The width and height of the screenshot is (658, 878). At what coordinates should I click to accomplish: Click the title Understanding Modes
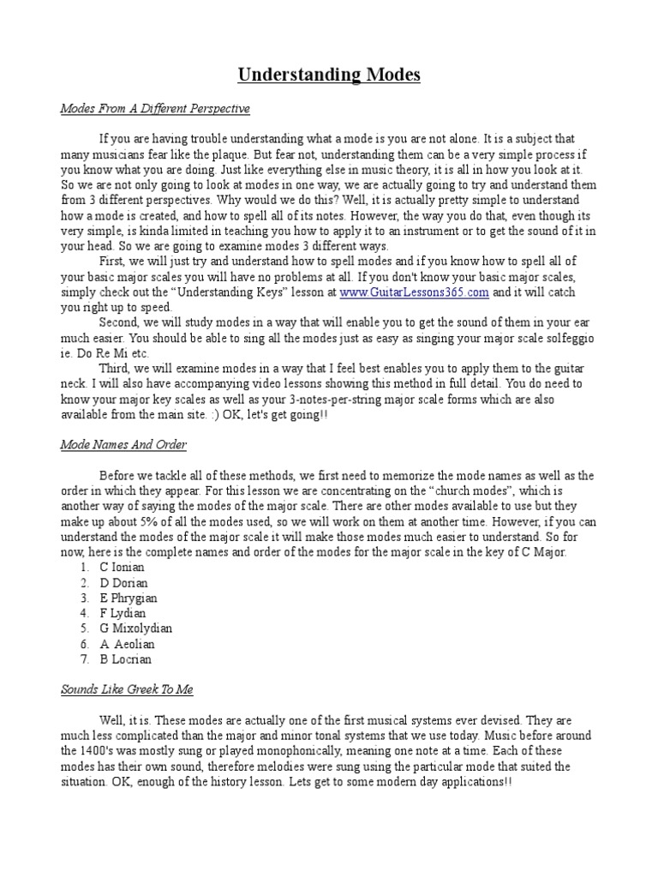[329, 75]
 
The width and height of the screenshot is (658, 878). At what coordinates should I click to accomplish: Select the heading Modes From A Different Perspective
[155, 110]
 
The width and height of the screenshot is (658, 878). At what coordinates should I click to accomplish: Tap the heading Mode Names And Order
[123, 445]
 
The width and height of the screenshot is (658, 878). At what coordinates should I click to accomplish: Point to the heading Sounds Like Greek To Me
[132, 689]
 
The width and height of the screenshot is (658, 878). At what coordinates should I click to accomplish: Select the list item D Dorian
[125, 583]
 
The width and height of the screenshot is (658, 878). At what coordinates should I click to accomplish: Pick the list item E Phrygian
[129, 598]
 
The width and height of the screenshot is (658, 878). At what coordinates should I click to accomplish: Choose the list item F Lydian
[123, 613]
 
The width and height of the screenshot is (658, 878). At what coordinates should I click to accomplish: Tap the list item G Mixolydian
[135, 628]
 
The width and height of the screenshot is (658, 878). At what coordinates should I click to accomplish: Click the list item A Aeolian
[128, 644]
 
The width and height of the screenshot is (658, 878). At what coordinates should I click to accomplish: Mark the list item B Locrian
[127, 659]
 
